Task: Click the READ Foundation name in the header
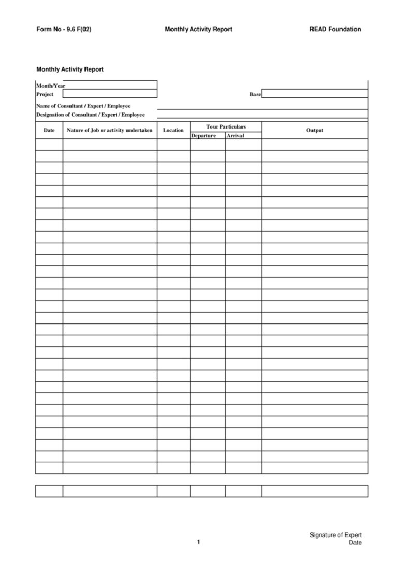click(335, 30)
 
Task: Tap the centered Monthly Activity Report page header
click(198, 30)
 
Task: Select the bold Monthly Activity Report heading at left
click(70, 69)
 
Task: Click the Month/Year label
click(51, 86)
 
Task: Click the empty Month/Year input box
click(111, 85)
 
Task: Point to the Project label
click(45, 94)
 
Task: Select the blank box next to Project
click(109, 94)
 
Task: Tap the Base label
click(255, 94)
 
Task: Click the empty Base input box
click(315, 94)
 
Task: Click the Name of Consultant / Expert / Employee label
click(83, 106)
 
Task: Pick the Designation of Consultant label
click(90, 115)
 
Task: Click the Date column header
click(49, 130)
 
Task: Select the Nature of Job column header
click(110, 130)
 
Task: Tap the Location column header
click(173, 130)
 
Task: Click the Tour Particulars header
click(225, 126)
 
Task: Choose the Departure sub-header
click(204, 136)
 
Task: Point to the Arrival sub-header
click(235, 136)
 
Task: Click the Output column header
click(315, 130)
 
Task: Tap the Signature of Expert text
click(335, 535)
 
